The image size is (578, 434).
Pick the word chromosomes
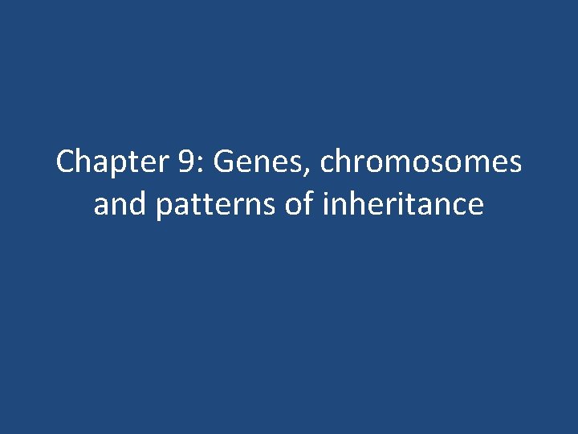click(421, 163)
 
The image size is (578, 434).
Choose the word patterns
click(216, 206)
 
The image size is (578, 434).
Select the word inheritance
click(402, 204)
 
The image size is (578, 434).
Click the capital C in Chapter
click(65, 163)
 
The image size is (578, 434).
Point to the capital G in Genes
click(226, 163)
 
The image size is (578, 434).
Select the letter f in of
click(309, 203)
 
